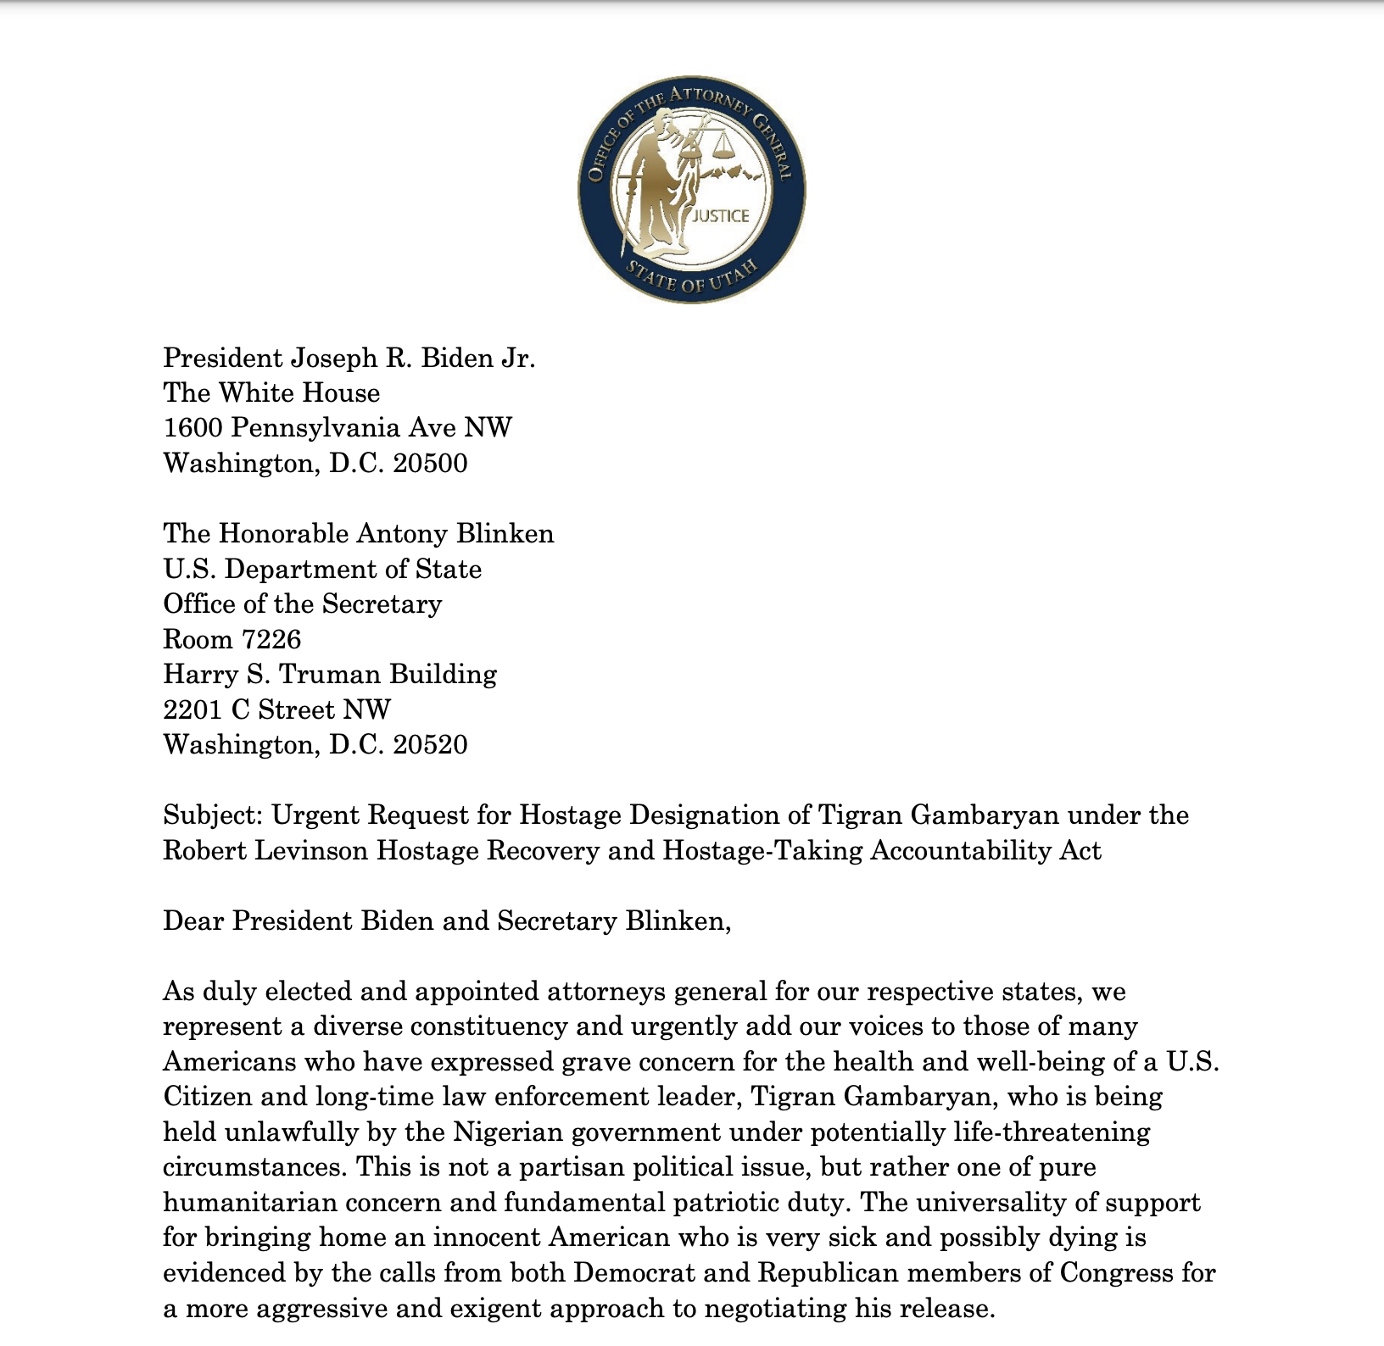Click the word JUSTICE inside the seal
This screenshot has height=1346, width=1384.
721,216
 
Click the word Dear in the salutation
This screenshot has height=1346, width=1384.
193,921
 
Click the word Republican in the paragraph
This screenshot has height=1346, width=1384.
827,1273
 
